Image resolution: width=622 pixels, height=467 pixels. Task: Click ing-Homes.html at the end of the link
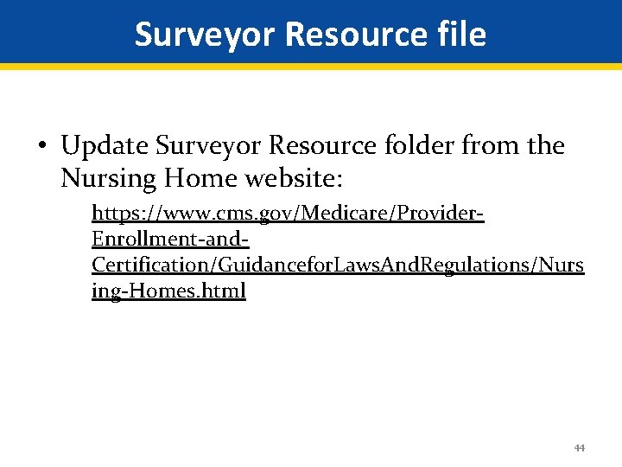point(168,291)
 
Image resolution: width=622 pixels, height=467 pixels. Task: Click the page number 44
point(579,448)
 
